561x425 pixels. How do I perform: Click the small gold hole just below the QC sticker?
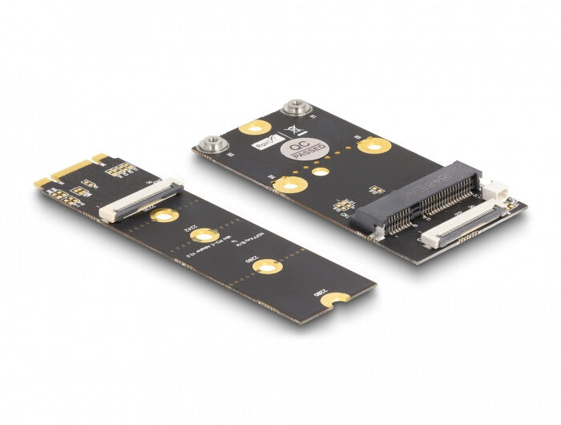320,171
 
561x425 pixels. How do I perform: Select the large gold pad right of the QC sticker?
373,145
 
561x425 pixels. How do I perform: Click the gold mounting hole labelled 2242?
204,236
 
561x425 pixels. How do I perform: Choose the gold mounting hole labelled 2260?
268,266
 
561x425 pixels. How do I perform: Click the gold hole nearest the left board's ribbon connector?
164,215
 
